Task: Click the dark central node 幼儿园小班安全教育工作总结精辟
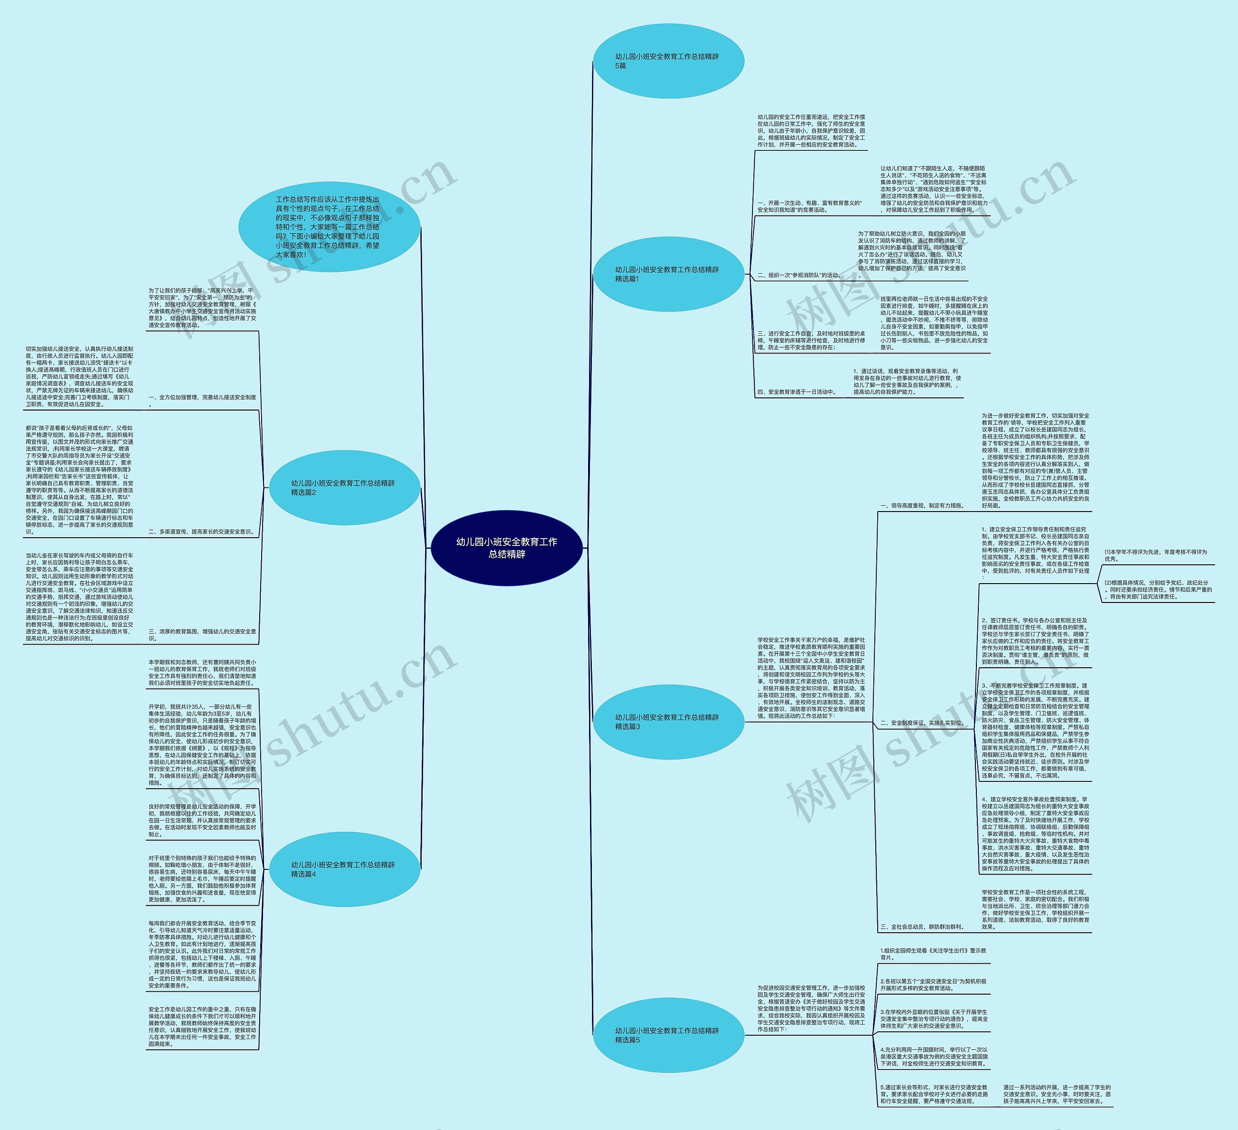click(507, 548)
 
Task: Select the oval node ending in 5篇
click(668, 61)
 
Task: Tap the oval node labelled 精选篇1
click(668, 274)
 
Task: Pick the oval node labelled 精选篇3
click(668, 721)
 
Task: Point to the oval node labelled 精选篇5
click(668, 1035)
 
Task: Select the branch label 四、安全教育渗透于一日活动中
click(797, 392)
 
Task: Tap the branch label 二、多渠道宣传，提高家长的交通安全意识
click(202, 532)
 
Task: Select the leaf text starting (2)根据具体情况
click(1158, 589)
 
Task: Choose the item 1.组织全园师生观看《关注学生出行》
click(933, 954)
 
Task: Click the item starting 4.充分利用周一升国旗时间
click(933, 1057)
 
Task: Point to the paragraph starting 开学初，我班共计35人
click(202, 744)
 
